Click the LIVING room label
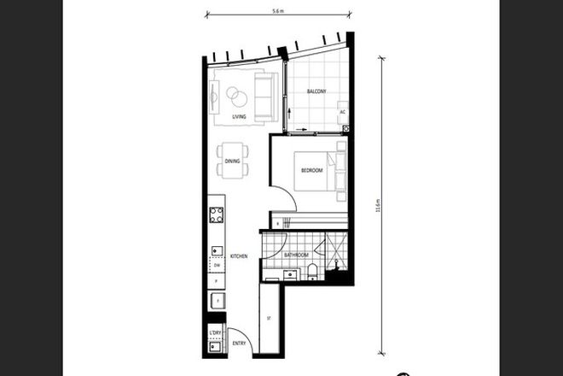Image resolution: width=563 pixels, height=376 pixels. pyautogui.click(x=240, y=118)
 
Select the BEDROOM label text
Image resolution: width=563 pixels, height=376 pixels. pyautogui.click(x=311, y=172)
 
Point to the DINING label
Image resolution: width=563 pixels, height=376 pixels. pyautogui.click(x=232, y=161)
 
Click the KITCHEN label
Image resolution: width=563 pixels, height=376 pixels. pyautogui.click(x=239, y=256)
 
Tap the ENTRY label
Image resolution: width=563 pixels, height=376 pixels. pyautogui.click(x=239, y=344)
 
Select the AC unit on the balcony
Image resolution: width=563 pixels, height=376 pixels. pyautogui.click(x=342, y=112)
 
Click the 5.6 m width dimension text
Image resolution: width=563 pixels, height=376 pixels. pyautogui.click(x=277, y=12)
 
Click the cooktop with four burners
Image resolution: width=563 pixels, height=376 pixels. pyautogui.click(x=217, y=214)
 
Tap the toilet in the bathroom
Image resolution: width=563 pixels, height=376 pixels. pyautogui.click(x=314, y=272)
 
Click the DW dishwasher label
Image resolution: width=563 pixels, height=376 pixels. pyautogui.click(x=217, y=265)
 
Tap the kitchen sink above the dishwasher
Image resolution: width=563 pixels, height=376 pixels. pyautogui.click(x=216, y=250)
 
